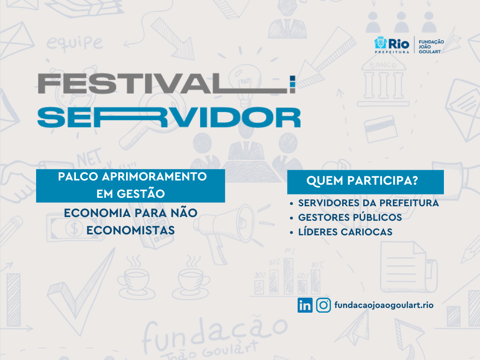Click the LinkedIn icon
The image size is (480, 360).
(x=305, y=305)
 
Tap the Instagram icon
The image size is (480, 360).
(x=323, y=305)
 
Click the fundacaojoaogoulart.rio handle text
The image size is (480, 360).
(x=384, y=305)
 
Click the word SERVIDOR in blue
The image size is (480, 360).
(x=169, y=117)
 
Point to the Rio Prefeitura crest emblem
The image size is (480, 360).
(x=381, y=43)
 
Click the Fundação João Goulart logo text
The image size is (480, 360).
(x=431, y=46)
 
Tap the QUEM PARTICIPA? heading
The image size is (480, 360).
(x=362, y=180)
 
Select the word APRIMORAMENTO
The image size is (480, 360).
(x=154, y=177)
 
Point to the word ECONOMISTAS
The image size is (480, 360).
(x=130, y=231)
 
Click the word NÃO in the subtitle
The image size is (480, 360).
(x=184, y=213)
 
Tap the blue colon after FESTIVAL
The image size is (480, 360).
(x=292, y=84)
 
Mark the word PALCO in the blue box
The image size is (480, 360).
(x=78, y=177)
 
